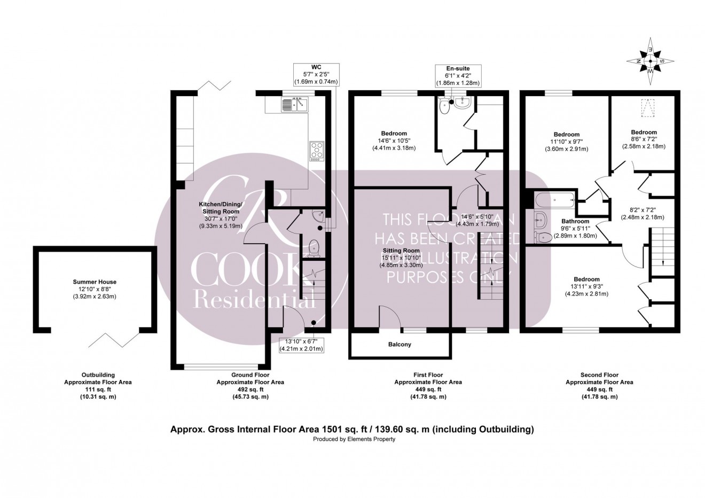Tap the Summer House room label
(x=95, y=282)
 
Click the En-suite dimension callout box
(x=457, y=76)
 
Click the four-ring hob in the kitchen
(x=316, y=151)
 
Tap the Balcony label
(x=399, y=345)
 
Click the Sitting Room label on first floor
(x=401, y=251)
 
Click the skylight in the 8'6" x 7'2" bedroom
(x=648, y=109)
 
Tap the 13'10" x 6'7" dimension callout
(x=301, y=345)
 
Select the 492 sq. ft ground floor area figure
(x=250, y=390)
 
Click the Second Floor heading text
(x=599, y=375)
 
